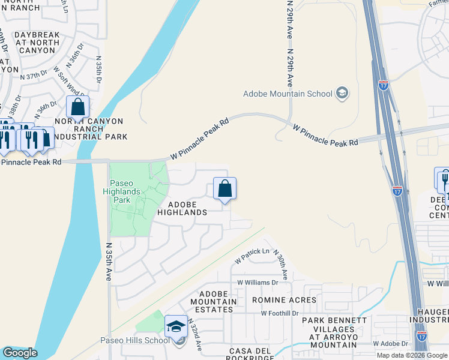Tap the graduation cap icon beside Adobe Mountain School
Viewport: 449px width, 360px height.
[x=342, y=92]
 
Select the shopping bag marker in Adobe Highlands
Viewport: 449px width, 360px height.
[x=224, y=189]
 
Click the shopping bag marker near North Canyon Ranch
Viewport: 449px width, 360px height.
[x=77, y=107]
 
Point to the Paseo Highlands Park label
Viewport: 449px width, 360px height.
[x=125, y=187]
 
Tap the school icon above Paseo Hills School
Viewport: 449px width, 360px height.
[x=176, y=326]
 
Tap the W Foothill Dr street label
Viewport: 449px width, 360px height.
[x=280, y=313]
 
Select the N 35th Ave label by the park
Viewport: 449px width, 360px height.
[x=109, y=262]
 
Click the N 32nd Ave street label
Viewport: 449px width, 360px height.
[x=196, y=335]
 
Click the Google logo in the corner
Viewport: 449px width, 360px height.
[x=20, y=353]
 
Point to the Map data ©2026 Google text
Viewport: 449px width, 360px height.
[x=412, y=355]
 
